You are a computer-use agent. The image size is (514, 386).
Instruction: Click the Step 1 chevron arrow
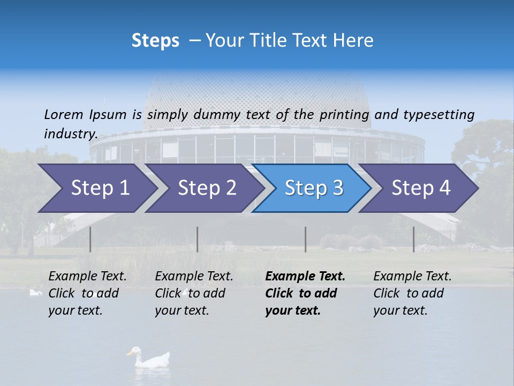click(x=100, y=188)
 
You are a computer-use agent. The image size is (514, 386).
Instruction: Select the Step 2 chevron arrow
click(x=207, y=188)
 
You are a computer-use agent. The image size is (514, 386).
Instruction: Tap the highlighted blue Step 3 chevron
click(x=314, y=188)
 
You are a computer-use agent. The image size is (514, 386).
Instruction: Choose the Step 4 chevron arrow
click(x=421, y=188)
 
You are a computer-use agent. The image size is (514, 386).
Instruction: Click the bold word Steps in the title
click(x=155, y=40)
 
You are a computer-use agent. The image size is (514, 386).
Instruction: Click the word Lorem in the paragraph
click(x=63, y=114)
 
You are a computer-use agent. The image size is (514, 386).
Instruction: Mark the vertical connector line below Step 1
click(x=90, y=239)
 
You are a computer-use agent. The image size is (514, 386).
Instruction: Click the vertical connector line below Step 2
click(x=198, y=239)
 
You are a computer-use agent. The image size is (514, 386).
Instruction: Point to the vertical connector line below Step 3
click(x=305, y=239)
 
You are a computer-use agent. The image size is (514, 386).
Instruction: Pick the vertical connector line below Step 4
click(x=413, y=239)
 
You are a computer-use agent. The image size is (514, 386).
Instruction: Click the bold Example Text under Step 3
click(x=305, y=277)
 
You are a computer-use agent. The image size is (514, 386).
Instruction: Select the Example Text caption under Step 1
click(x=87, y=277)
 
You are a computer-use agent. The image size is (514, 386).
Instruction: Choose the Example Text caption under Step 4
click(x=412, y=277)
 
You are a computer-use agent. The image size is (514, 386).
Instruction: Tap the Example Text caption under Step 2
click(x=194, y=277)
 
